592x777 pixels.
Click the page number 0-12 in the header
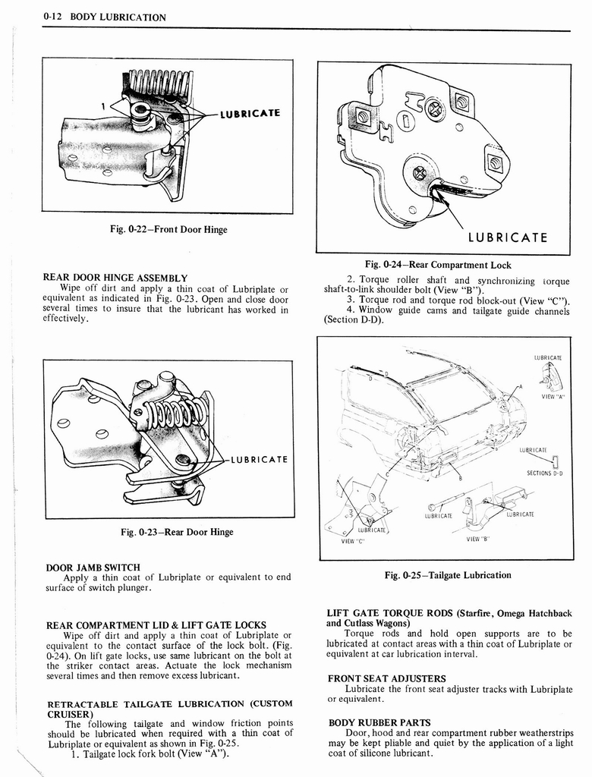(x=56, y=17)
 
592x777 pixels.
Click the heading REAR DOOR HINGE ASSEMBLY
(x=115, y=278)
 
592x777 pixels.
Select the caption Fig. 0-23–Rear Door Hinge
(x=168, y=532)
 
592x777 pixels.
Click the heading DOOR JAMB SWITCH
(x=93, y=567)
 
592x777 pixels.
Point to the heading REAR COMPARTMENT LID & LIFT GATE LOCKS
(x=156, y=624)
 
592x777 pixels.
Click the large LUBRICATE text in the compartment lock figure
(x=507, y=237)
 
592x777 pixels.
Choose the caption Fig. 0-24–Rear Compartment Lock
(x=438, y=265)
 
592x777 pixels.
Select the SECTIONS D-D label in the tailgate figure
(x=544, y=473)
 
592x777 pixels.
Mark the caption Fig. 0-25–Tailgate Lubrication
(x=447, y=575)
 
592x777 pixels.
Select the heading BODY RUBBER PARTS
(x=379, y=722)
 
